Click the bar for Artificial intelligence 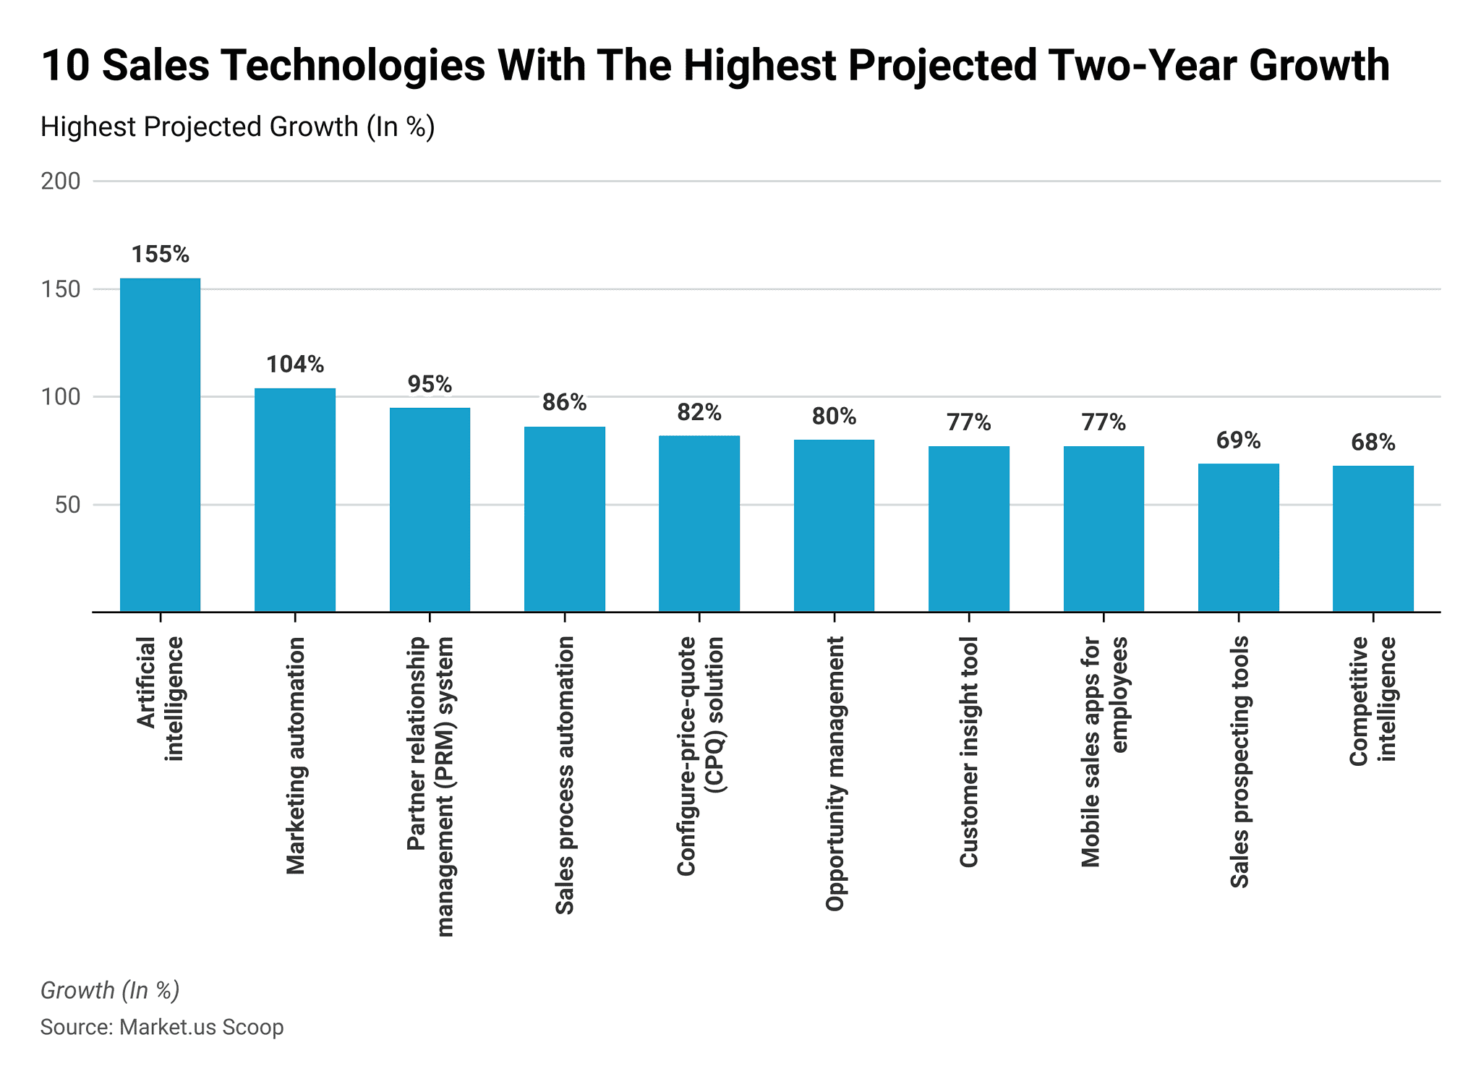pos(160,445)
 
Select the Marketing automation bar pos(294,500)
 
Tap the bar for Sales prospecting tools pos(1238,537)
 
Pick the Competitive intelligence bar pos(1373,539)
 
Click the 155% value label pos(160,255)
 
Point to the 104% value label pos(294,364)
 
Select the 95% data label pos(430,384)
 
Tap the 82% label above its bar pos(699,412)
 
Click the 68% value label pos(1373,443)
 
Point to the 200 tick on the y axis pos(61,182)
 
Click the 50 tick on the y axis pos(67,505)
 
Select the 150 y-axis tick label pos(61,289)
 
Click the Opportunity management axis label pos(835,774)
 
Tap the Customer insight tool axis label pos(969,752)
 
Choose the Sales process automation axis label pos(565,775)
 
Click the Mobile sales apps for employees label pos(1104,752)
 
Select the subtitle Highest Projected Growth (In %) pos(237,127)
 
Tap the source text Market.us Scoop pos(201,1027)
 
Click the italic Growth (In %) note pos(110,990)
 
